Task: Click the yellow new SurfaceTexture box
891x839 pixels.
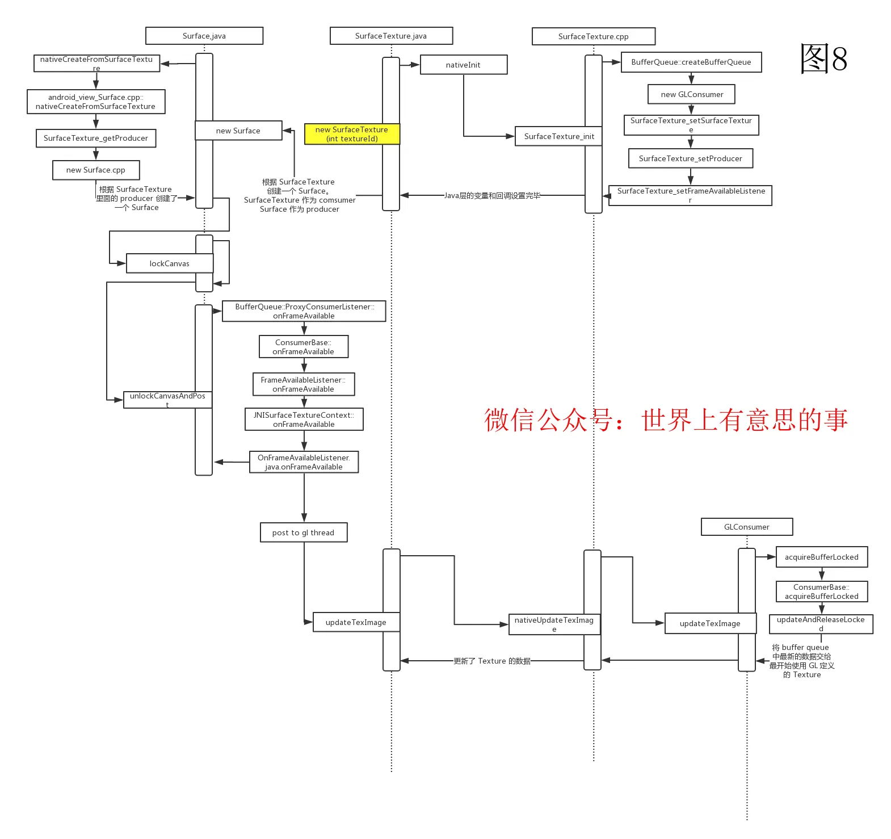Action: click(352, 134)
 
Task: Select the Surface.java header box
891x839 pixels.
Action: click(204, 36)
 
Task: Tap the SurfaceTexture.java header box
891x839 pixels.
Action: click(391, 36)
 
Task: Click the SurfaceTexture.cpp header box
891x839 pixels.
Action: click(593, 36)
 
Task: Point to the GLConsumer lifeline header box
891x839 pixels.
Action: click(746, 527)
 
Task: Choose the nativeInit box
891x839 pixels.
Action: click(463, 65)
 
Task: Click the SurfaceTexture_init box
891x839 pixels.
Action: click(559, 136)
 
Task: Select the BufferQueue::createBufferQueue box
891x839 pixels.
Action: click(691, 62)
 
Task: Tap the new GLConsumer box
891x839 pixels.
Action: click(691, 94)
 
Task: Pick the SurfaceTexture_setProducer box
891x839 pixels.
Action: click(690, 158)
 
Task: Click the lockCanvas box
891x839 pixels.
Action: click(169, 263)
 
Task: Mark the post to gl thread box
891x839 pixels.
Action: click(303, 532)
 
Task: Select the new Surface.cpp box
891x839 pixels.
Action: click(95, 170)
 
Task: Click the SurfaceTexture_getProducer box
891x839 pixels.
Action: click(95, 138)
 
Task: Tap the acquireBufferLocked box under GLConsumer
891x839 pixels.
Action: click(821, 557)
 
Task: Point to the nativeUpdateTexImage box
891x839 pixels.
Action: click(554, 624)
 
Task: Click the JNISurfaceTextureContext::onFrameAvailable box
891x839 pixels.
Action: click(304, 419)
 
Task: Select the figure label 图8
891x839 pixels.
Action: click(823, 58)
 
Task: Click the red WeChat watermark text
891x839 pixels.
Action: click(665, 420)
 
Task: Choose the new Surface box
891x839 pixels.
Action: click(238, 131)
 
